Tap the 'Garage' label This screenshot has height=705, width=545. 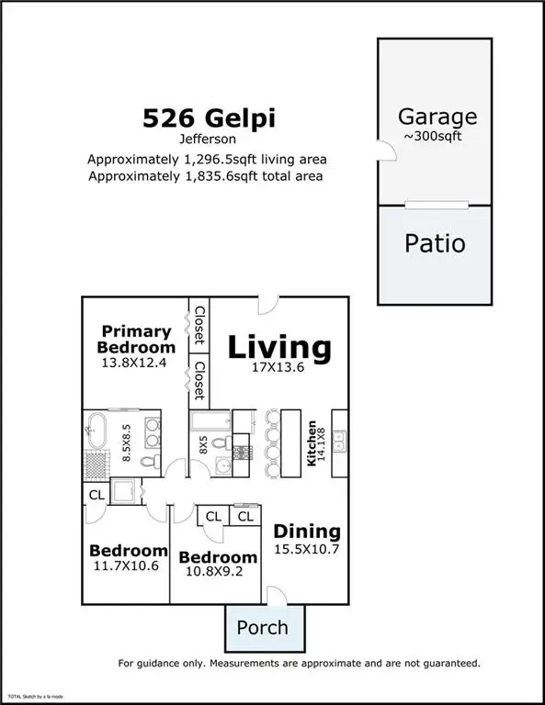pos(437,117)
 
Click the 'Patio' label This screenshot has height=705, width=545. pos(435,244)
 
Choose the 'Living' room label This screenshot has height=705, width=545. pos(278,347)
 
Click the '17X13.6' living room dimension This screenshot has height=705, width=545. pos(278,369)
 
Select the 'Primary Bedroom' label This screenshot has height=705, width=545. pos(136,339)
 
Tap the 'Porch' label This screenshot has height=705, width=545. pos(262,628)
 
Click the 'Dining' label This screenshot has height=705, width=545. pos(307,531)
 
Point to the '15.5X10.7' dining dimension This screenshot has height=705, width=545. pos(307,549)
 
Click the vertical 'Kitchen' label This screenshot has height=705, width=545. pos(312,444)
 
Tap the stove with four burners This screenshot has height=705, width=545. pos(244,452)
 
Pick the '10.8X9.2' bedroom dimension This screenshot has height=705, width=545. pos(217,573)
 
